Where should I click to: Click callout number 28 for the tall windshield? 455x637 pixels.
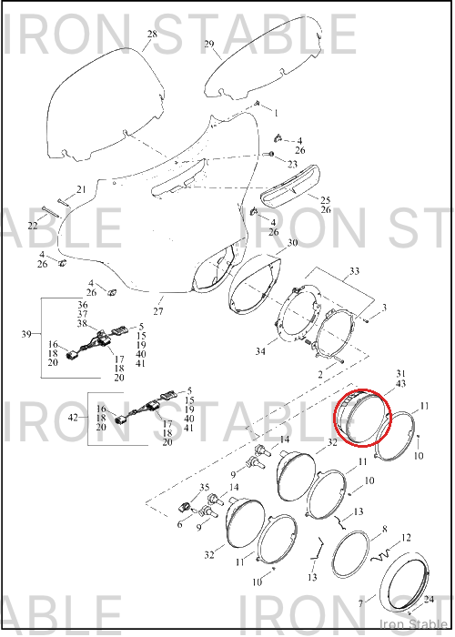152,34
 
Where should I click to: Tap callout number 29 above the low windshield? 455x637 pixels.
209,44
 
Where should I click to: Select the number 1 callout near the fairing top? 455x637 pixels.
277,113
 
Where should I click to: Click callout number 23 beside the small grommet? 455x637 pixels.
292,164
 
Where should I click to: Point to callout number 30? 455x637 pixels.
292,243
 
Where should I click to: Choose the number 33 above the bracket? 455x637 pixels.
355,270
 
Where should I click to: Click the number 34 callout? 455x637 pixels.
260,350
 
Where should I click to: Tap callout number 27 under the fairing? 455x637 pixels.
158,311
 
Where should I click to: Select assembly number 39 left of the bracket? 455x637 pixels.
26,334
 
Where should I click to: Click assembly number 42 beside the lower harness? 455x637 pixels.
73,417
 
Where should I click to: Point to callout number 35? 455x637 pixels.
205,488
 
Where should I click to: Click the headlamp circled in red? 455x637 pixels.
361,417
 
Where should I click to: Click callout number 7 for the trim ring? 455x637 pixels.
360,604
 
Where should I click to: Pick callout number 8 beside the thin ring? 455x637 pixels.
385,529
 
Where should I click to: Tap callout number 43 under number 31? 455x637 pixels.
400,383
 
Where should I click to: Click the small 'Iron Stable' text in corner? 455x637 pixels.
413,624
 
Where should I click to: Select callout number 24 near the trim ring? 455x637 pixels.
429,599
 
